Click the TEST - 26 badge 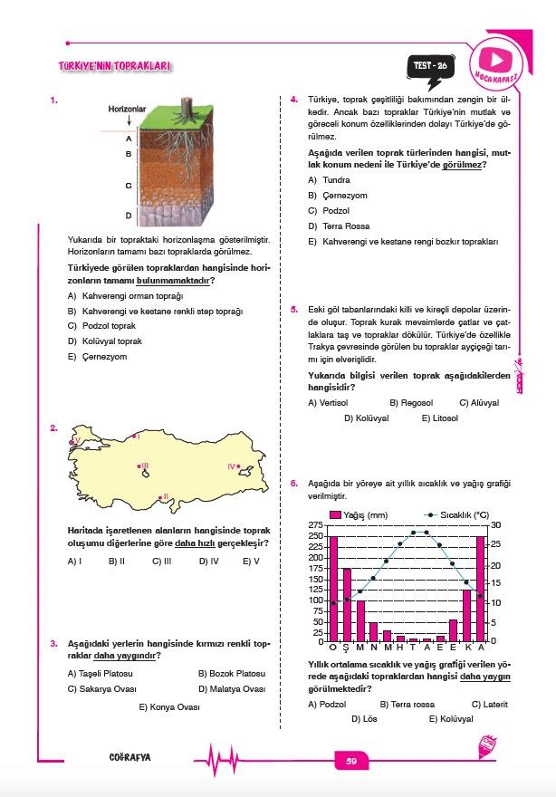(430, 66)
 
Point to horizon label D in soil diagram (129, 216)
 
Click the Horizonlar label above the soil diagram (127, 108)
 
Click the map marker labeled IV (238, 466)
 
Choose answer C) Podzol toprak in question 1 (101, 326)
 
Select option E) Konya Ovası (168, 706)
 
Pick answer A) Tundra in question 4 (330, 179)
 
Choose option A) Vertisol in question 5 (328, 402)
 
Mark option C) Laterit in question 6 (489, 704)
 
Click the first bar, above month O (333, 589)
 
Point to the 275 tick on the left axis (317, 525)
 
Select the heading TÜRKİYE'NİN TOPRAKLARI (114, 66)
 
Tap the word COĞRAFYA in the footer (129, 759)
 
